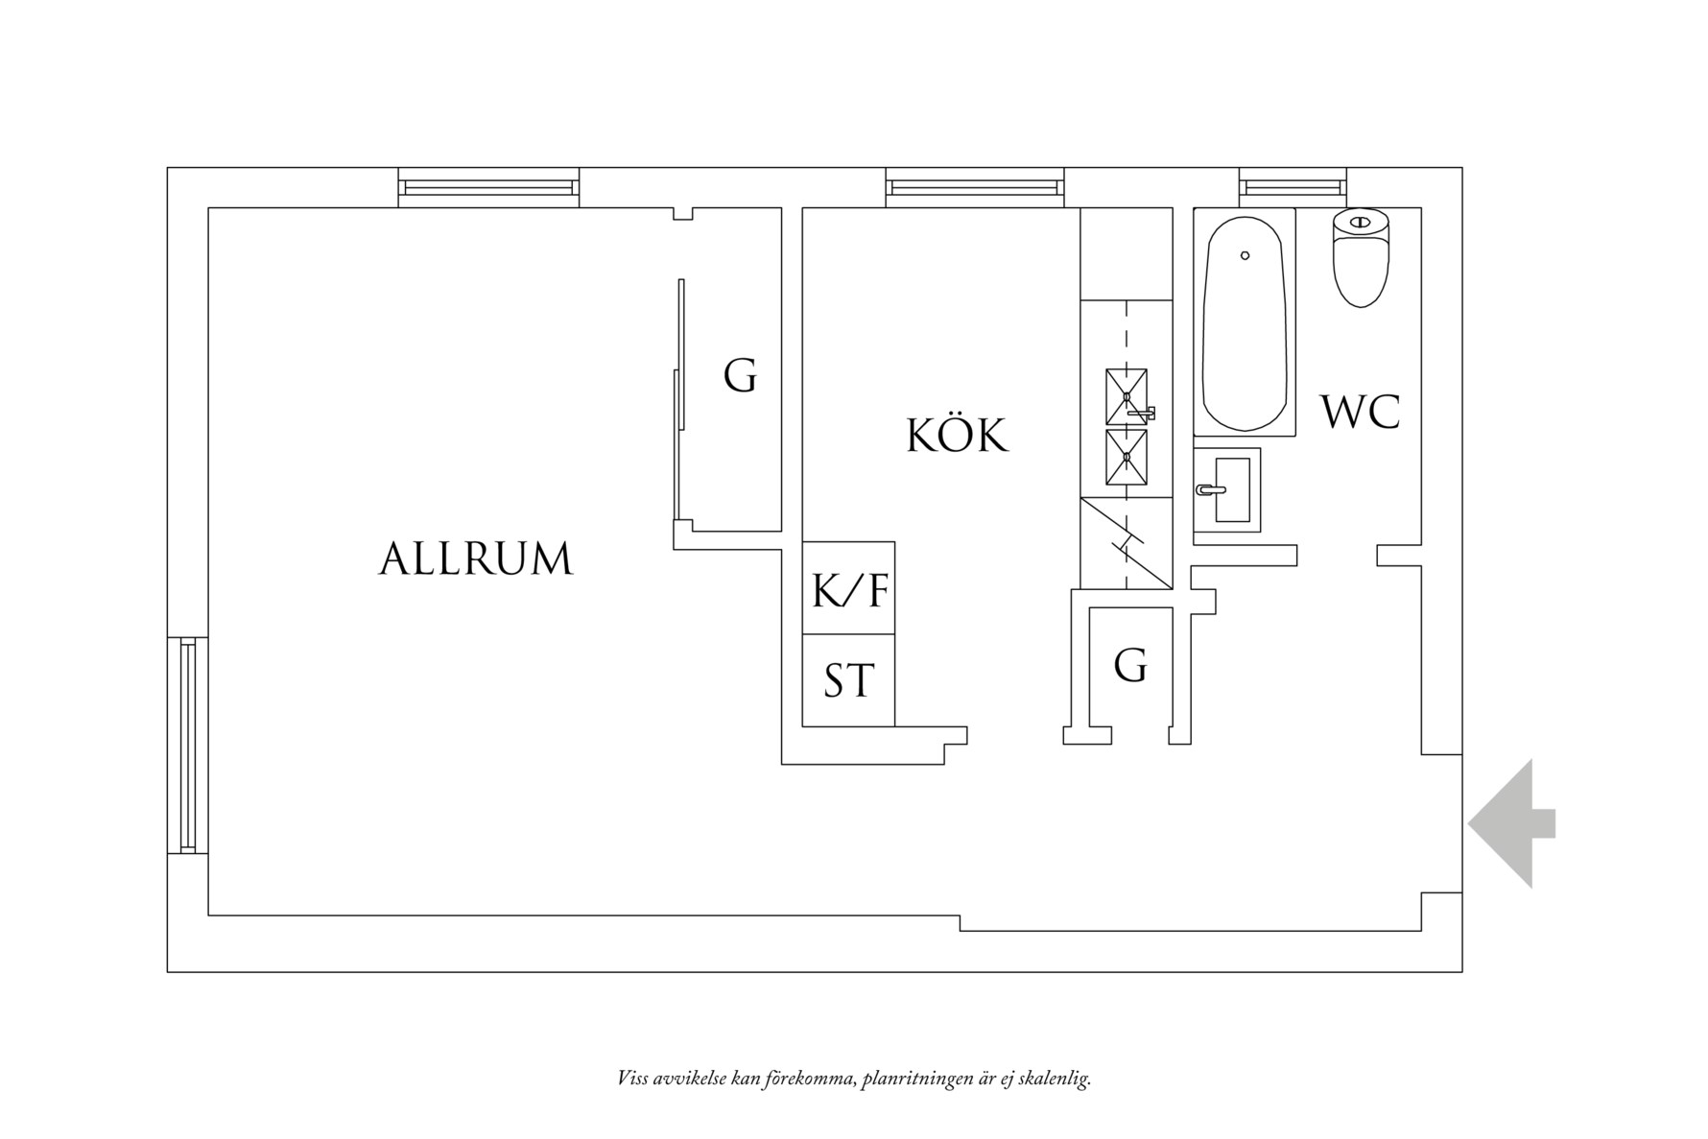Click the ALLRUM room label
coord(476,558)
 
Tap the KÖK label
coord(958,436)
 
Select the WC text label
coord(1360,412)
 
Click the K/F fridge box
coord(848,588)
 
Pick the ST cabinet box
coord(848,680)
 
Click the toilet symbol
coord(1361,257)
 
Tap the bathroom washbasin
coord(1229,489)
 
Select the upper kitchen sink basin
coord(1127,396)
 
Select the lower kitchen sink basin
coord(1127,458)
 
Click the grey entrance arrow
coord(1510,823)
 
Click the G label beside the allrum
coord(740,376)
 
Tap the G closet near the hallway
coord(1130,665)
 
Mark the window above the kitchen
coord(975,187)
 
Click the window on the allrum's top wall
coord(488,187)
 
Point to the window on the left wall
coord(187,745)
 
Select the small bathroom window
coord(1293,187)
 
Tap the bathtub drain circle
coord(1245,255)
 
